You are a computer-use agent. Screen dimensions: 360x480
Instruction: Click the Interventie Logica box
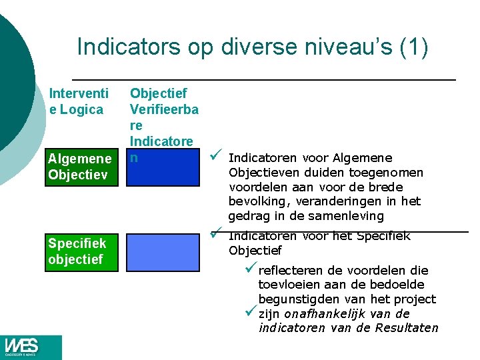(77, 101)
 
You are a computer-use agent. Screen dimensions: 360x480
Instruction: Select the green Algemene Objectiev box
(80, 167)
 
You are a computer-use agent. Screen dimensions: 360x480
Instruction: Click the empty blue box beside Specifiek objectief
(162, 251)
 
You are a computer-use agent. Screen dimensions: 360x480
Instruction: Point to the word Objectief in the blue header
(158, 93)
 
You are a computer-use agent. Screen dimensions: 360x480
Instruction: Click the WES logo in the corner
(23, 347)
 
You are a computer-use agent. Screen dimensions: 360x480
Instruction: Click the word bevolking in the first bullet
(256, 201)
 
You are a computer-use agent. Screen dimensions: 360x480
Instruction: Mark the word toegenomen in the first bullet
(385, 173)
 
